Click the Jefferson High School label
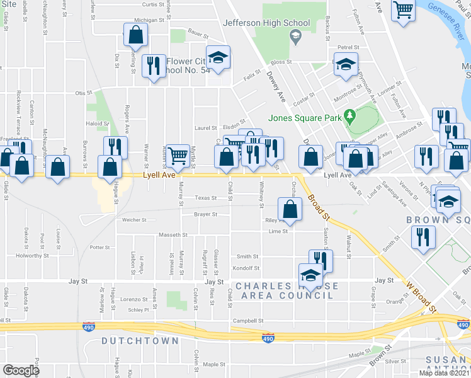coord(266,23)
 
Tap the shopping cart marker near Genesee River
coord(402,9)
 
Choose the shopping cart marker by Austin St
coord(178,154)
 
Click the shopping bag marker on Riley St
coord(289,209)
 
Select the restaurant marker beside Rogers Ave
coord(115,147)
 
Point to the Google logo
coord(21,370)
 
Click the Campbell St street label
coord(247,320)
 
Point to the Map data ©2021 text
coord(444,373)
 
